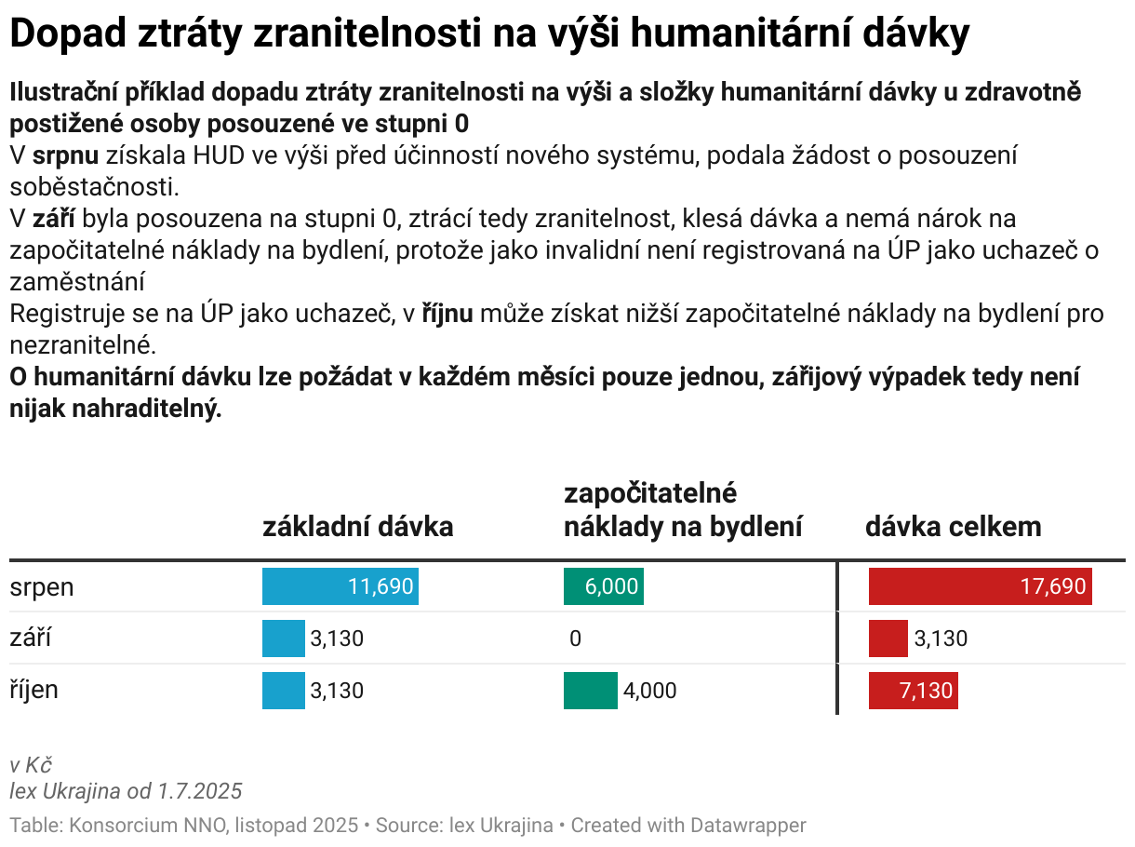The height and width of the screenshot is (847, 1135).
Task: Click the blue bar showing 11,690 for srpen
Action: pos(340,586)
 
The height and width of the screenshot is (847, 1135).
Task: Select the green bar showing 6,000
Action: pos(603,586)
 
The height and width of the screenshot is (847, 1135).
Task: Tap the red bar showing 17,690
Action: pos(980,586)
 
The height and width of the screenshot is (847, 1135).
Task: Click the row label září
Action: pos(31,639)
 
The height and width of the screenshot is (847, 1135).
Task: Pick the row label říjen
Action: pos(34,690)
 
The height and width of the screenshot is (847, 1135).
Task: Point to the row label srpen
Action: pos(42,586)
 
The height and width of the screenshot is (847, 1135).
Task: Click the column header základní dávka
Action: pos(358,527)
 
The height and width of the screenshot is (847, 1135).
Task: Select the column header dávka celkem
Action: pos(954,527)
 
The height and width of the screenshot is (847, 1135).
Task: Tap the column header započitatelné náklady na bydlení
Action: pos(683,510)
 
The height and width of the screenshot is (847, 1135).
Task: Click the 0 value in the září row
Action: pos(575,639)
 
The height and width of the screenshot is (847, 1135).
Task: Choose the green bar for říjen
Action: pos(590,691)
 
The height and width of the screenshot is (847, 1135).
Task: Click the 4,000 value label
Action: pos(649,691)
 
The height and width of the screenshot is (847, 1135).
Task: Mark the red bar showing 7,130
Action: pos(913,691)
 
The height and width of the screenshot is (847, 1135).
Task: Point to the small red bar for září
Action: pos(888,639)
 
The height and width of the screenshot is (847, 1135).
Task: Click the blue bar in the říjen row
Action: pos(283,691)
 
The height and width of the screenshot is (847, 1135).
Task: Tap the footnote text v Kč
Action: pos(30,766)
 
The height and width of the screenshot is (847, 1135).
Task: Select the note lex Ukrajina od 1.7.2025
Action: pos(126,791)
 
